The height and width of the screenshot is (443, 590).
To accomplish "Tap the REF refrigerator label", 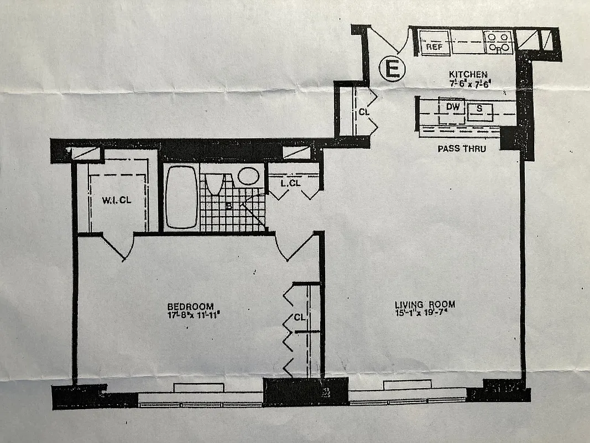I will point(434,48).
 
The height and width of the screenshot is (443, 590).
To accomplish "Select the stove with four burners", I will point(498,42).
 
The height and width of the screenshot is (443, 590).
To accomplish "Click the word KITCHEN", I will point(468,75).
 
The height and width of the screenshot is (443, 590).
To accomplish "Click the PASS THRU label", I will point(461,148).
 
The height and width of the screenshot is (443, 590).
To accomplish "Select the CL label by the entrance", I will point(364,111).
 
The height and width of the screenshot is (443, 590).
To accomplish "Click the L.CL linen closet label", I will point(290,183).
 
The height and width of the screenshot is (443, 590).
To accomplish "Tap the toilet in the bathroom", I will point(215,183).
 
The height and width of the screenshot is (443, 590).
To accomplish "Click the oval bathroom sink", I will point(249,176).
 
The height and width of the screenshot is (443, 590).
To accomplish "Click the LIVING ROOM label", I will point(425,304).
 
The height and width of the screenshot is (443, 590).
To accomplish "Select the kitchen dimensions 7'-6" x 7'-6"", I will point(468,84).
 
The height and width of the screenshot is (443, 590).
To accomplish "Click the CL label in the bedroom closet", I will point(299,318).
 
